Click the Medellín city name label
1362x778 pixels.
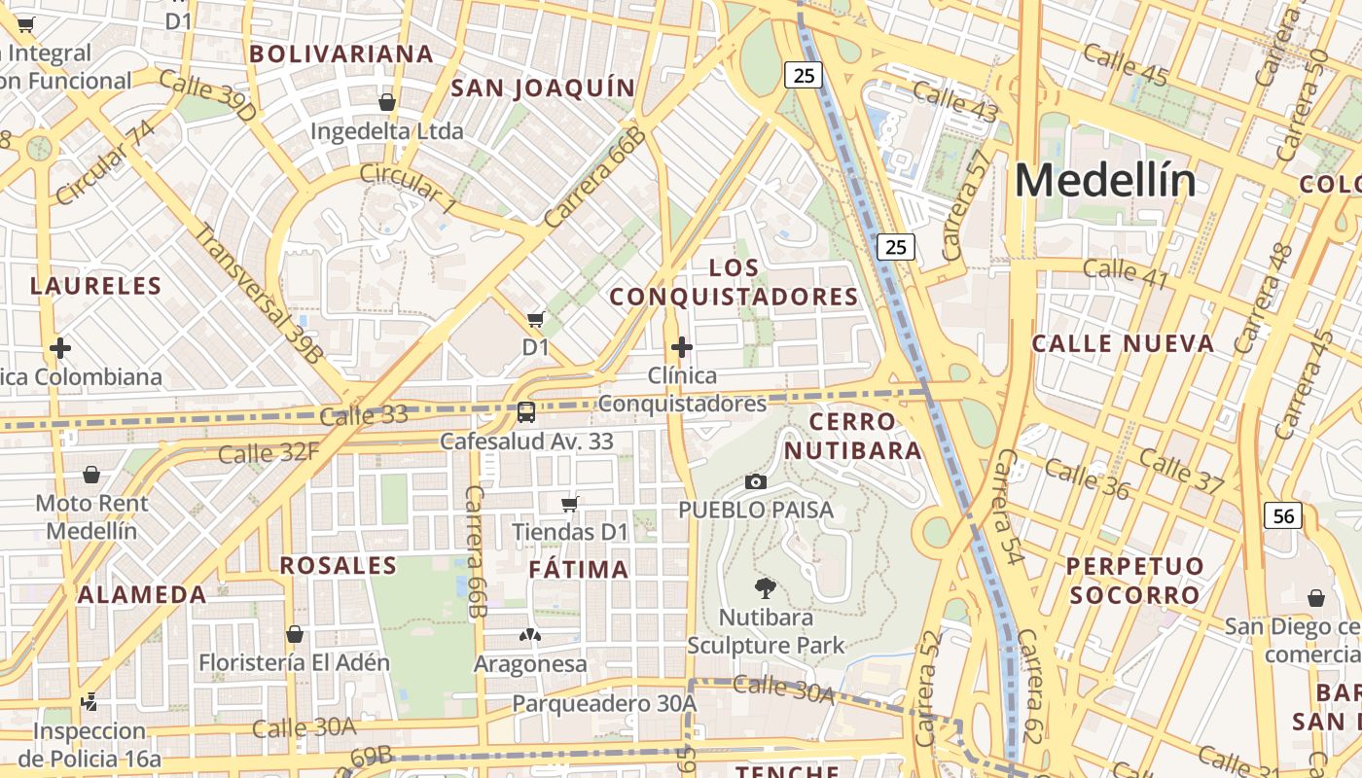(1105, 181)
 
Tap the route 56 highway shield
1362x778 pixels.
(1283, 515)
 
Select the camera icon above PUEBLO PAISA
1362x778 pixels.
(756, 481)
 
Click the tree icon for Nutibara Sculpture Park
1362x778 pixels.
(766, 587)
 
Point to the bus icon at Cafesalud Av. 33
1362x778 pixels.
(526, 412)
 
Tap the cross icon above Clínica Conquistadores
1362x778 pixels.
(682, 347)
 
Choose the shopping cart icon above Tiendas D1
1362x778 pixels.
(570, 504)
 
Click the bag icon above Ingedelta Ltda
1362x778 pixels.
(387, 101)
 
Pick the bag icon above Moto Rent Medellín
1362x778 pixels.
(91, 475)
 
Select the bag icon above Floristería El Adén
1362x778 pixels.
(295, 634)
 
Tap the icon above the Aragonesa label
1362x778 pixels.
(530, 636)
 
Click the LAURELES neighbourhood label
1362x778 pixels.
(95, 286)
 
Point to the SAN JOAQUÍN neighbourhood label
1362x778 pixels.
(543, 88)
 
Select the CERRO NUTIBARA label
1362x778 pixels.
(853, 436)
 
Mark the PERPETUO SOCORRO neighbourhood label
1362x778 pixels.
(1134, 581)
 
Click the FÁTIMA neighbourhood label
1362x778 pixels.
(579, 570)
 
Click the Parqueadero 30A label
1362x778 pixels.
(604, 703)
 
